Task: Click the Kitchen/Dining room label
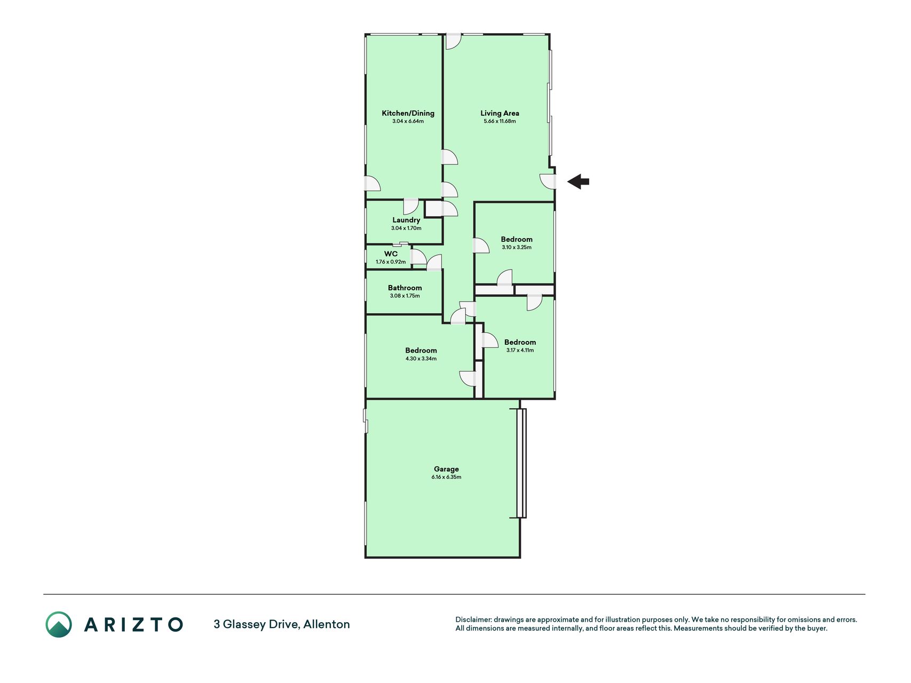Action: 408,113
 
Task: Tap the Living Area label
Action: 500,113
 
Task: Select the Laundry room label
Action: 406,220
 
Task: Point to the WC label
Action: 391,254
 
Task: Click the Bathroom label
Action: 405,288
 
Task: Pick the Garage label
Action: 446,469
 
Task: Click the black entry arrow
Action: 578,182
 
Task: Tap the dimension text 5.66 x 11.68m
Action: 500,121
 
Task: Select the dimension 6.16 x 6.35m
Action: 446,477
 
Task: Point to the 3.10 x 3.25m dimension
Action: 517,247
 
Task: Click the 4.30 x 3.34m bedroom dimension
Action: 421,359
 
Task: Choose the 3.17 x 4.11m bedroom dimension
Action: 520,350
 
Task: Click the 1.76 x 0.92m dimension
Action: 391,262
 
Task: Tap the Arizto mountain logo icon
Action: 59,624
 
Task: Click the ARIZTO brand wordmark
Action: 133,624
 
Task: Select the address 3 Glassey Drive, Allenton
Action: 282,624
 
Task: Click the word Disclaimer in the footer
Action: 473,620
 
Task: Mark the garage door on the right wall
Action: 521,463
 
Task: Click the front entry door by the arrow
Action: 548,181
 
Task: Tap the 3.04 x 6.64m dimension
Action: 408,121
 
